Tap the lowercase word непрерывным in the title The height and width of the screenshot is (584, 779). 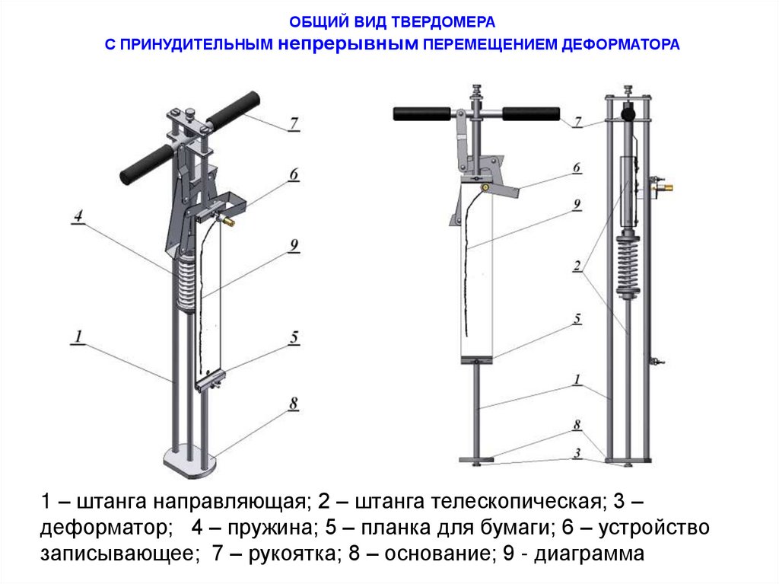(x=348, y=44)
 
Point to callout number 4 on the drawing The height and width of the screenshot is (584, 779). (x=78, y=216)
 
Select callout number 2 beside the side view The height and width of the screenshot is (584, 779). (x=577, y=266)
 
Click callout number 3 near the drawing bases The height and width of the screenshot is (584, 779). (x=577, y=453)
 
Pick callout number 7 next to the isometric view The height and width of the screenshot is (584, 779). (x=294, y=123)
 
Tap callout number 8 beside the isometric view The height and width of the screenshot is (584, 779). (x=294, y=404)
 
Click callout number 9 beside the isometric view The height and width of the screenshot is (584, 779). (x=294, y=246)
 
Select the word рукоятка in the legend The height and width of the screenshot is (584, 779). (x=292, y=554)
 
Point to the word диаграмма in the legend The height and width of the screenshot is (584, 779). (x=589, y=554)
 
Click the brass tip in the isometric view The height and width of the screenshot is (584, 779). (x=230, y=221)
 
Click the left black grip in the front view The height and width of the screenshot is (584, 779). (x=421, y=114)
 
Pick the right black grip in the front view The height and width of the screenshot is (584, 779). (x=531, y=114)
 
